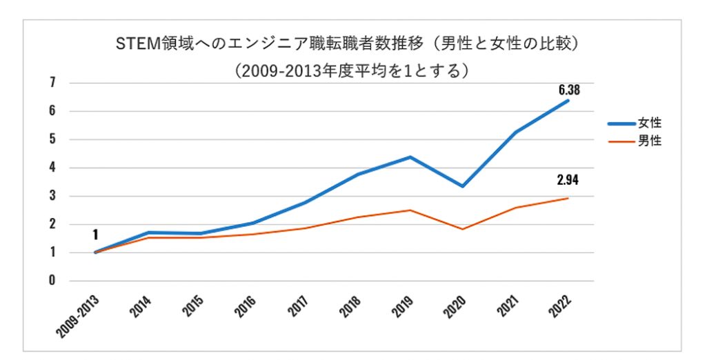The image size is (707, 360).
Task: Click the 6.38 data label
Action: pos(568,89)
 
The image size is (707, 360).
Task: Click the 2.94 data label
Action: pos(568,181)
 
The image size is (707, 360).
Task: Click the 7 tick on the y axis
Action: pos(52,83)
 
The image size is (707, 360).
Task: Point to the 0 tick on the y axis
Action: pos(52,281)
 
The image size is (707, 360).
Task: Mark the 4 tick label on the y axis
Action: pos(52,168)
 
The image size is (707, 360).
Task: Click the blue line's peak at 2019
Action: pos(410,157)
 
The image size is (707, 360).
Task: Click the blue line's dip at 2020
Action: pos(463,186)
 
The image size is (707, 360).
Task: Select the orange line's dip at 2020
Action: pos(463,229)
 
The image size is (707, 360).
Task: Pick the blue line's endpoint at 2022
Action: pos(568,101)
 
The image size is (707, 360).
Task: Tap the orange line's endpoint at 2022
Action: pos(568,198)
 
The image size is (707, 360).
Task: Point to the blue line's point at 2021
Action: pos(515,132)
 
